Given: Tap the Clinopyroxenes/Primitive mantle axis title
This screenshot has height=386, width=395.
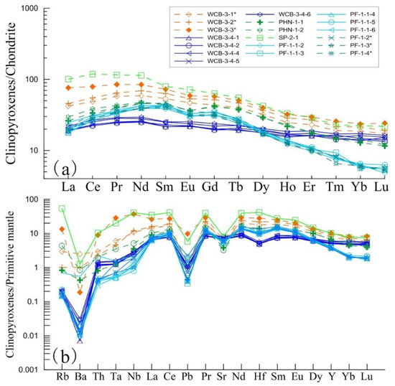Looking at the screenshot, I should [13, 283].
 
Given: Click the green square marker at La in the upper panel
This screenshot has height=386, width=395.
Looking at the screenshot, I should [69, 79].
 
